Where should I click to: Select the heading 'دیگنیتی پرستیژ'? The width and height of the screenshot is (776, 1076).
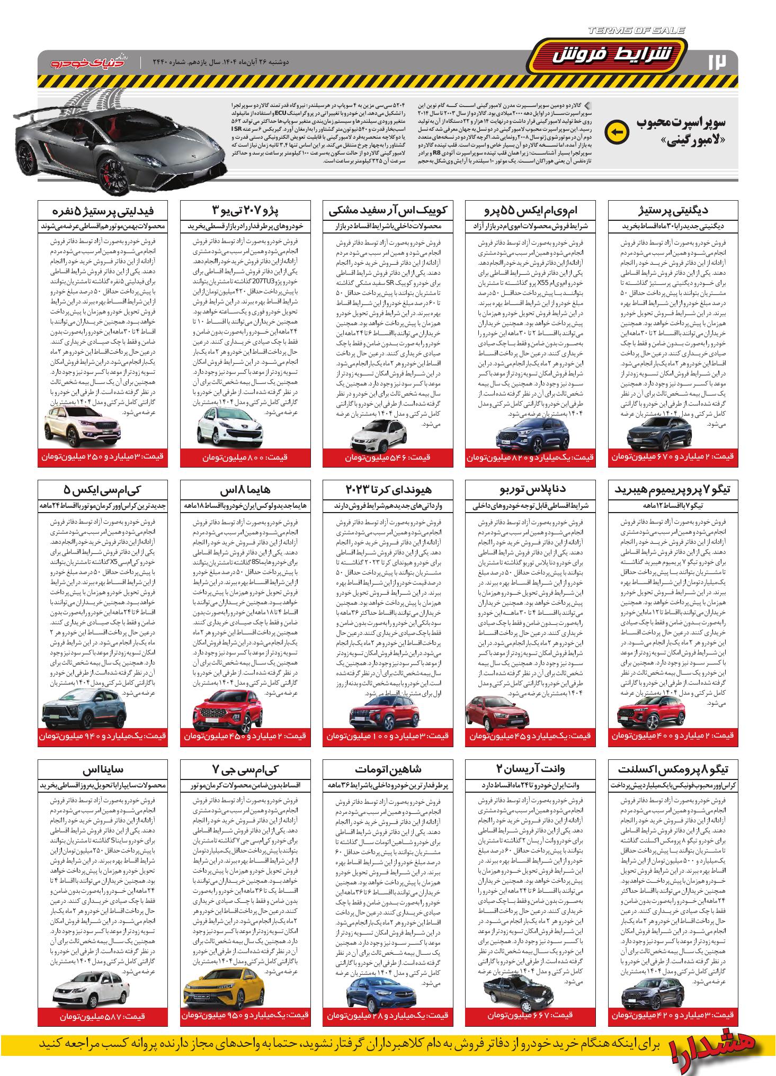coord(673,210)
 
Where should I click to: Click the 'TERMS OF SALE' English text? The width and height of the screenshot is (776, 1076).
coord(636,31)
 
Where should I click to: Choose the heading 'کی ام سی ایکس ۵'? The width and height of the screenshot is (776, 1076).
coord(103,489)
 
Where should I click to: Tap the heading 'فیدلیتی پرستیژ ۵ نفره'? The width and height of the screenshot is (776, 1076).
coord(103,210)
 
